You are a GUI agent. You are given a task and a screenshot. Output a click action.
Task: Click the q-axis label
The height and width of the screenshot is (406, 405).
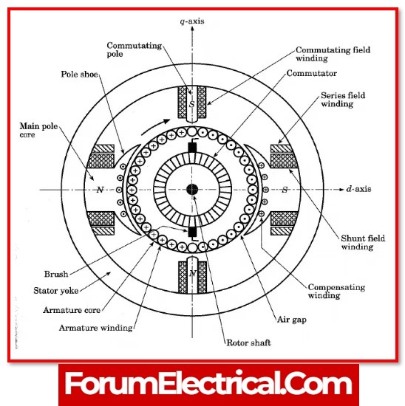pyautogui.click(x=192, y=21)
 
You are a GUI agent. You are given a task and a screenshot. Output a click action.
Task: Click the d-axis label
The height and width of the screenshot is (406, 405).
pyautogui.click(x=358, y=189)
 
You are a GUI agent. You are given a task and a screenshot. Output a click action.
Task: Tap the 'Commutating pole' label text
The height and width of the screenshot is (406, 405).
pyautogui.click(x=134, y=49)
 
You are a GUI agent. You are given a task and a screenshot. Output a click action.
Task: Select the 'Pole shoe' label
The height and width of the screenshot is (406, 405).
pyautogui.click(x=79, y=75)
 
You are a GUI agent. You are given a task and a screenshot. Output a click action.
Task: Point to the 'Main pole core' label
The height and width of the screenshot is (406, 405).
pyautogui.click(x=38, y=130)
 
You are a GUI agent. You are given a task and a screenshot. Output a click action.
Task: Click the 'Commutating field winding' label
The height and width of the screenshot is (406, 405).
pyautogui.click(x=333, y=54)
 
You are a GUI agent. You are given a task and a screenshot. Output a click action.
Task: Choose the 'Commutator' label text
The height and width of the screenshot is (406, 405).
pyautogui.click(x=312, y=73)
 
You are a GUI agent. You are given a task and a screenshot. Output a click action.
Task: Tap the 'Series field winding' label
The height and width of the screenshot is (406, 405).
pyautogui.click(x=343, y=100)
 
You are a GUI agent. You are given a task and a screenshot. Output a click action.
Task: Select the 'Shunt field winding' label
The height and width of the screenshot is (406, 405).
pyautogui.click(x=363, y=242)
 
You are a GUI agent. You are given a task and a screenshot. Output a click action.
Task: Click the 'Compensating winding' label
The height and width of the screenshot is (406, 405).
pyautogui.click(x=336, y=291)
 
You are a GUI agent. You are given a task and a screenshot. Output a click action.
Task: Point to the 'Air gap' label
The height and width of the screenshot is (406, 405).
pyautogui.click(x=292, y=320)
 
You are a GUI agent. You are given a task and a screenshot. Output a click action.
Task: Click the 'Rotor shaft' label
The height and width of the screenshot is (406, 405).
pyautogui.click(x=248, y=343)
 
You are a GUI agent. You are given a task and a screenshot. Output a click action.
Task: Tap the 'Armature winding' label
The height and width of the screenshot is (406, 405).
pyautogui.click(x=95, y=328)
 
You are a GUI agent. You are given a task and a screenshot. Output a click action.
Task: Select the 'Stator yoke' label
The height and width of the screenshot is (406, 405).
pyautogui.click(x=55, y=291)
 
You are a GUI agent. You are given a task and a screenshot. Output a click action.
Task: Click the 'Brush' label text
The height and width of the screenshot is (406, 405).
pyautogui.click(x=56, y=274)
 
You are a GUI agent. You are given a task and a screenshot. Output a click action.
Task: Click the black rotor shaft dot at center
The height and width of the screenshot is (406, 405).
pyautogui.click(x=192, y=190)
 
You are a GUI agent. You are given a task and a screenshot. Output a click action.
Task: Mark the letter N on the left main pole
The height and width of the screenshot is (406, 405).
pyautogui.click(x=100, y=190)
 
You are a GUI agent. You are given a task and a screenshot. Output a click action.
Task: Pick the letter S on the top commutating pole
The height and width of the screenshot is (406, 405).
pyautogui.click(x=192, y=104)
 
